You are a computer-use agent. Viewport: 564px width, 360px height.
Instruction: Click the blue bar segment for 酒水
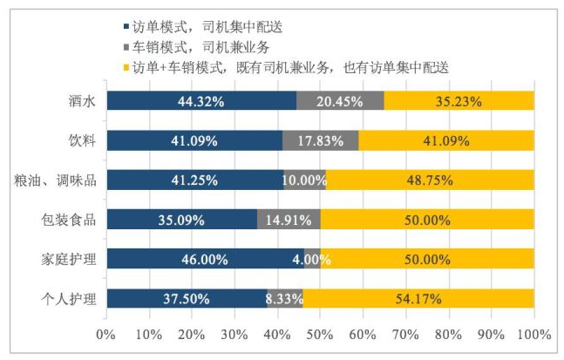click(x=200, y=100)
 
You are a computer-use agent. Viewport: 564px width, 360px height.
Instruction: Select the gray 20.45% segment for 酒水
click(x=340, y=100)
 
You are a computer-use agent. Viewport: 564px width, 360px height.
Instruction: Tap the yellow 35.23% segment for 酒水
click(x=459, y=100)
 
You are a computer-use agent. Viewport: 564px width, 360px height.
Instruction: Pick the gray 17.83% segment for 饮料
click(x=320, y=140)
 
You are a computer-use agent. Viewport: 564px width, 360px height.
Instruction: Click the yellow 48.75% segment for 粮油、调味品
click(x=430, y=180)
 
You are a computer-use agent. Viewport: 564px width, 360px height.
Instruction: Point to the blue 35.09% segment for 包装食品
click(x=181, y=220)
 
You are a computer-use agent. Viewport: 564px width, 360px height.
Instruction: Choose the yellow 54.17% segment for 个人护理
click(x=418, y=299)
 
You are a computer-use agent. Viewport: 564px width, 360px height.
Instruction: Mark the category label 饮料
click(x=82, y=140)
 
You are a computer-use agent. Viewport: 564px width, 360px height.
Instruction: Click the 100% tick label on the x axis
click(x=533, y=336)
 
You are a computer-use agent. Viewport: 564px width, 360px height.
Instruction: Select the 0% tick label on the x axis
click(x=105, y=336)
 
